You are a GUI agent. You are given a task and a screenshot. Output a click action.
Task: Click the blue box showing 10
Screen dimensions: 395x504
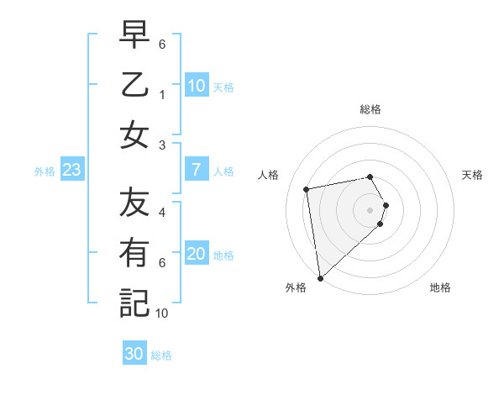pyautogui.click(x=196, y=86)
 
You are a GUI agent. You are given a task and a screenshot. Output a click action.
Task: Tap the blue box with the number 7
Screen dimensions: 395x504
pyautogui.click(x=196, y=170)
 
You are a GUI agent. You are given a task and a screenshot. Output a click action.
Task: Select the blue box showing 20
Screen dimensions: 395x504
pyautogui.click(x=196, y=254)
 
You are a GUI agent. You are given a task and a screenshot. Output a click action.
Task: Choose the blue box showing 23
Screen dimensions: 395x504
pyautogui.click(x=72, y=170)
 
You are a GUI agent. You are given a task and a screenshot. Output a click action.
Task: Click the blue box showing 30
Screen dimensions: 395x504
pyautogui.click(x=134, y=354)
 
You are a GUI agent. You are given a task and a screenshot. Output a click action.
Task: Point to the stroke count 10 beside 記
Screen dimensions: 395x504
pyautogui.click(x=162, y=313)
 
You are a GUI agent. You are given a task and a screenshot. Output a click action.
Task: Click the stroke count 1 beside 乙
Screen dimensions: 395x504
pyautogui.click(x=162, y=95)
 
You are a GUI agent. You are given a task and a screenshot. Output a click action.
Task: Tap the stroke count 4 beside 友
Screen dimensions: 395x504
pyautogui.click(x=162, y=213)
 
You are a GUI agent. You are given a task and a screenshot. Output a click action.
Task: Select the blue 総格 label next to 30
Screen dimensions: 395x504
pyautogui.click(x=161, y=355)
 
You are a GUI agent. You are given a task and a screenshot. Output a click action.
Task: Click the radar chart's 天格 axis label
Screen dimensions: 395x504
pyautogui.click(x=472, y=175)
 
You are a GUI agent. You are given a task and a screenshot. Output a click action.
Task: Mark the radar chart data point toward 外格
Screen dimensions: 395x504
pyautogui.click(x=320, y=277)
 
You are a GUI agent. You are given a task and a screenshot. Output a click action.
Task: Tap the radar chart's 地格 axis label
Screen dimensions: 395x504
pyautogui.click(x=440, y=287)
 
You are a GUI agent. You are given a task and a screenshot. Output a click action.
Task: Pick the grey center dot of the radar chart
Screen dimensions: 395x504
pyautogui.click(x=370, y=209)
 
